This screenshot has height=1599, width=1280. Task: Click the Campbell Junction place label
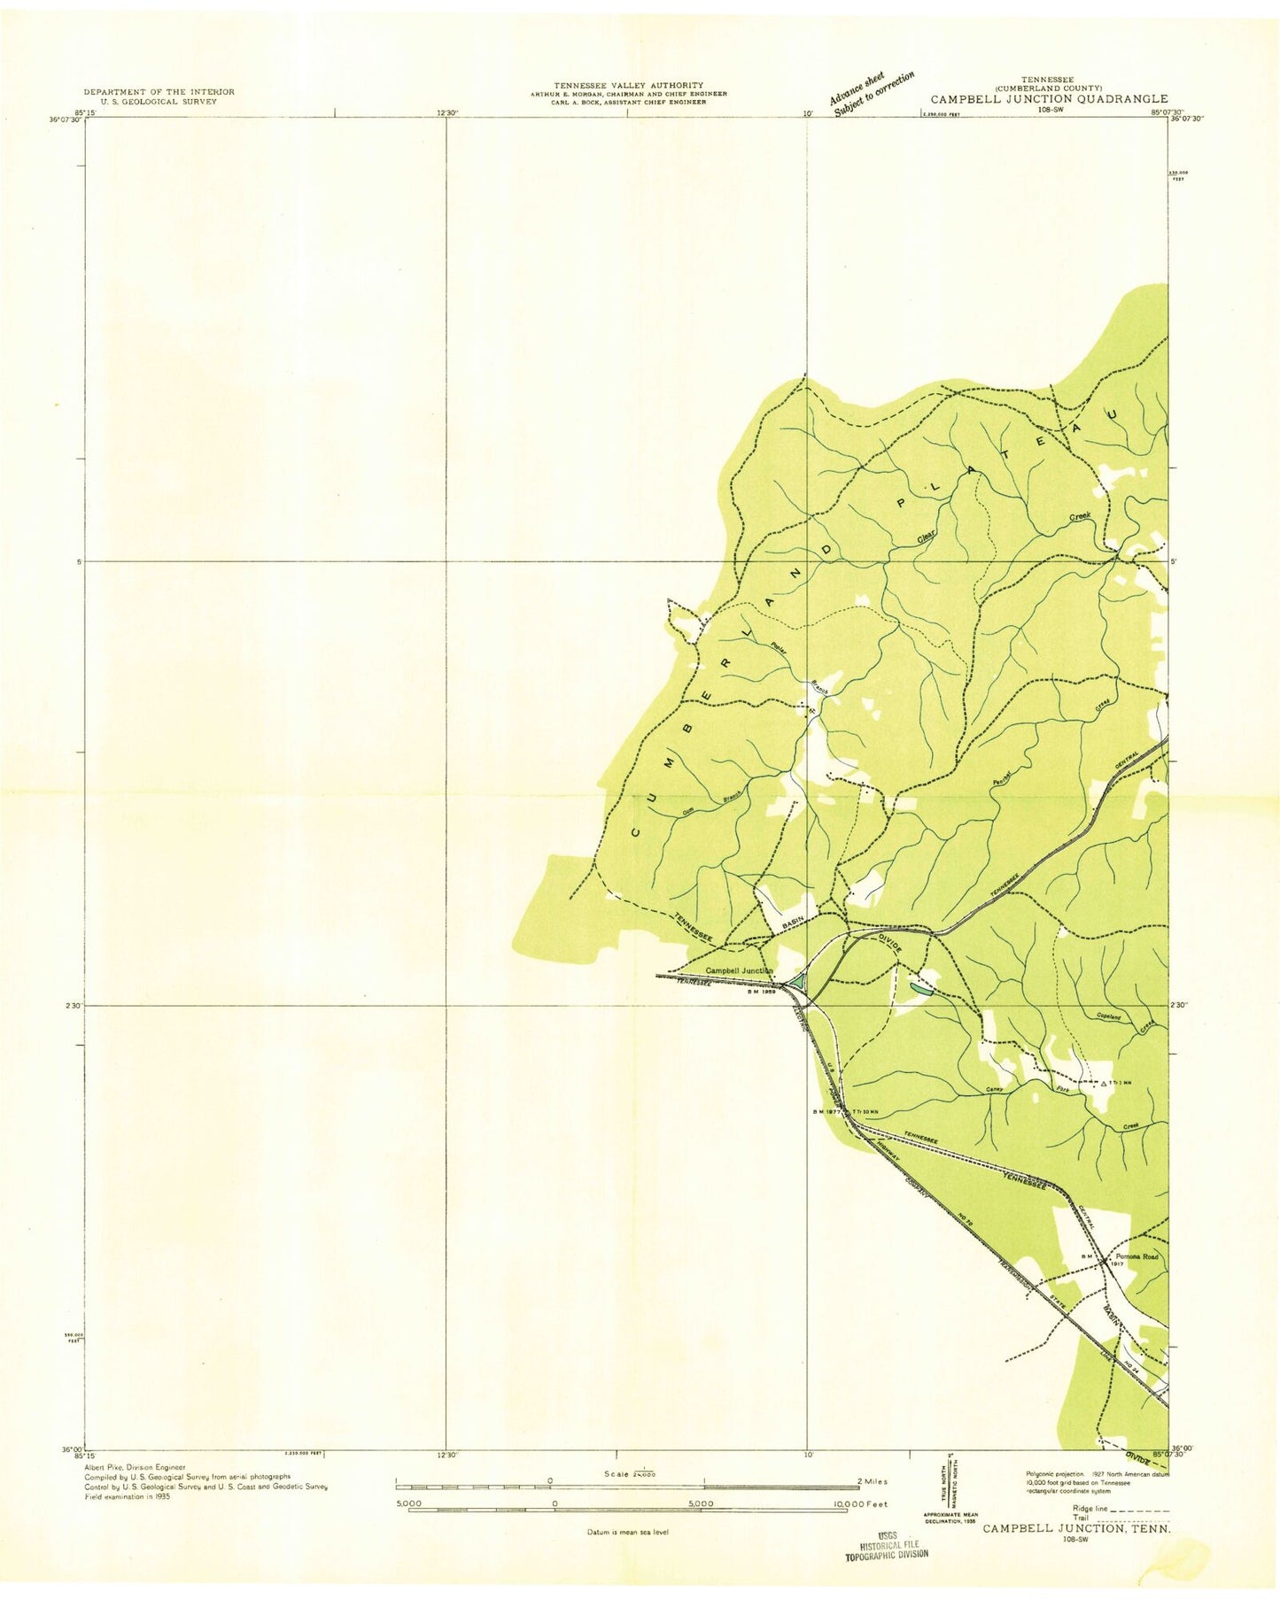coord(739,970)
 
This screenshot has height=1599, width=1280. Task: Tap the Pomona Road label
coord(1137,1256)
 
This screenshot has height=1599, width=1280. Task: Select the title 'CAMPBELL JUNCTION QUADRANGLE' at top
coord(1049,100)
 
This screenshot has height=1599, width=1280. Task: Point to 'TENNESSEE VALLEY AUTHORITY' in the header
coord(628,85)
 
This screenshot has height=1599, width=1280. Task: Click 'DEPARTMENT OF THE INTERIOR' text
coord(159,92)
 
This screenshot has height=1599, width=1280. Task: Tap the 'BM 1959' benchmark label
coord(762,993)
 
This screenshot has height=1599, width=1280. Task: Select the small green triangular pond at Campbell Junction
coord(797,981)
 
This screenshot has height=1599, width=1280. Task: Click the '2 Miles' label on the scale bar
coord(872,1481)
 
